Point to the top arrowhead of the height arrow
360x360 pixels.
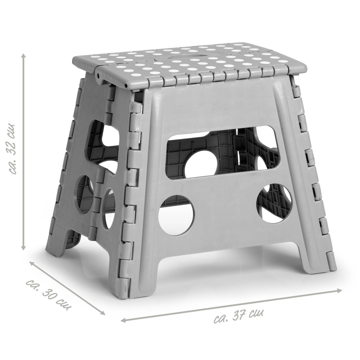23,56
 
